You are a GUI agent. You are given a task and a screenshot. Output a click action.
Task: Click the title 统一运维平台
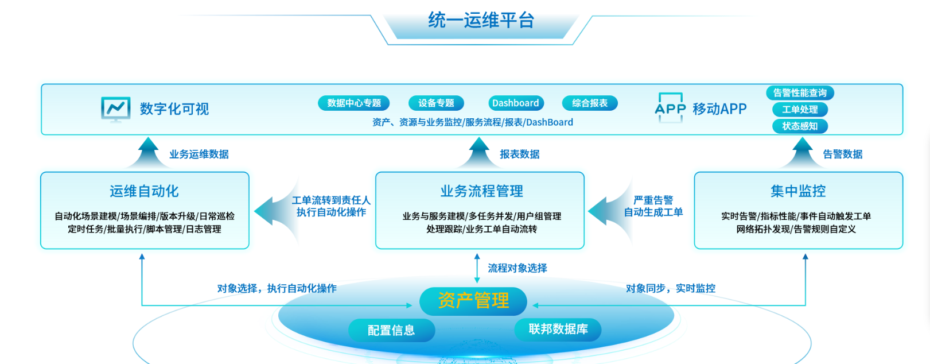(481, 20)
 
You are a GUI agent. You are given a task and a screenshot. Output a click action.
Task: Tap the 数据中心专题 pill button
(354, 103)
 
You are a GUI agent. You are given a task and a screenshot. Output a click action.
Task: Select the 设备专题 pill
(436, 103)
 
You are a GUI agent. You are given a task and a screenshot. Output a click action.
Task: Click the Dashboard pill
(516, 103)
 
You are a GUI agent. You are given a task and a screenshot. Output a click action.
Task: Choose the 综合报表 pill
(590, 103)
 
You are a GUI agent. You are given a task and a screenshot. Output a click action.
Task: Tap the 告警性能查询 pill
(800, 92)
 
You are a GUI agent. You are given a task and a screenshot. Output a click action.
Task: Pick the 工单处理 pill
(800, 110)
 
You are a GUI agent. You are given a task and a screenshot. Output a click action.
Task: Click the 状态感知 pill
(800, 126)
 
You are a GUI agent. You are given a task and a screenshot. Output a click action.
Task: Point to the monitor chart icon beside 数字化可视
(116, 110)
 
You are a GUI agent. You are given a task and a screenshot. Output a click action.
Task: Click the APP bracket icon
(670, 108)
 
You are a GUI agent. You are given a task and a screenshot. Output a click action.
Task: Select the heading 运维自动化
(144, 191)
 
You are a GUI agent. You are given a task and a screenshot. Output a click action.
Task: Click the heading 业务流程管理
(481, 191)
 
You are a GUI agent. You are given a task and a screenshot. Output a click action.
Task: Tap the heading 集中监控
(798, 191)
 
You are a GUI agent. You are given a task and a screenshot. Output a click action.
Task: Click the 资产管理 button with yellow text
(473, 301)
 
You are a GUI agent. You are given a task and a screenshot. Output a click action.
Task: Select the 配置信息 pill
(391, 330)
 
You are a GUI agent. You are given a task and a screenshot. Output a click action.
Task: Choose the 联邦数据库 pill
(558, 330)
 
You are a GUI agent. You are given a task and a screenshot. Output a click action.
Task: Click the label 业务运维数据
(199, 154)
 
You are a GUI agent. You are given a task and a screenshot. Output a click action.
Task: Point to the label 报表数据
(519, 154)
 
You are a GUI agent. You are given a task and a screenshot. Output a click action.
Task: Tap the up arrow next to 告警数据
(802, 153)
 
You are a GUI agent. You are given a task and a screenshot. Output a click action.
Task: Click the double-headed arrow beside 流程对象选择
(477, 269)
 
